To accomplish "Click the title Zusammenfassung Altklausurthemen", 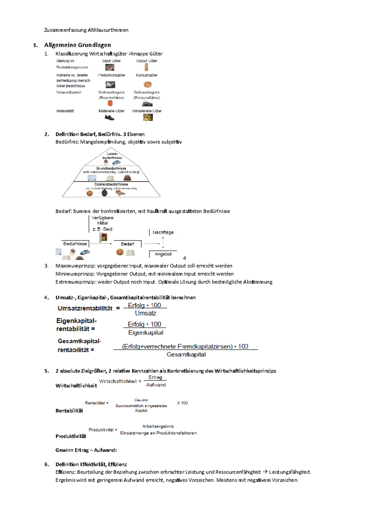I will click(x=86, y=30).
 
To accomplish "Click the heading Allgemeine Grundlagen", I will click(x=77, y=45).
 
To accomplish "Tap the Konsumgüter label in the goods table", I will click(x=146, y=75).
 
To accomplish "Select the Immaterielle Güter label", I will click(x=146, y=111).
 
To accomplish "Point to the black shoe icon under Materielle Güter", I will click(x=109, y=117).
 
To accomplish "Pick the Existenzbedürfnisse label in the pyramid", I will click(x=111, y=184).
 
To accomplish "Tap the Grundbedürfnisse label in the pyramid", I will click(x=111, y=168).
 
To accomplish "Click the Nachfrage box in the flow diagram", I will click(x=163, y=233).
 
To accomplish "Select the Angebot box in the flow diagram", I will click(x=163, y=254).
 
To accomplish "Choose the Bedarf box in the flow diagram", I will click(x=127, y=244).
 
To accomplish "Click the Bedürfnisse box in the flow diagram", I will click(x=75, y=244).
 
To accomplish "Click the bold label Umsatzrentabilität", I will click(x=85, y=308).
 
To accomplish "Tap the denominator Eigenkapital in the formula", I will click(x=146, y=333).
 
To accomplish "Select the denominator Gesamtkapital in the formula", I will click(x=186, y=355).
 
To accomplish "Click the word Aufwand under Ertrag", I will click(x=156, y=385).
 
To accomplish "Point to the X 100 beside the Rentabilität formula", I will click(x=182, y=403).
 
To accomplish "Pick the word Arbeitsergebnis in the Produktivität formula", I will click(x=158, y=426).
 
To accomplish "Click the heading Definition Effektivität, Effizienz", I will click(x=91, y=464).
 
